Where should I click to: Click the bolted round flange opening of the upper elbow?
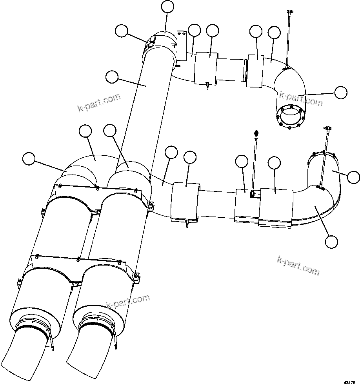(x=290, y=116)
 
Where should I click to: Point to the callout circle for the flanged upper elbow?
(x=340, y=92)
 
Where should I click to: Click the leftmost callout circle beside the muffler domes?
(x=28, y=158)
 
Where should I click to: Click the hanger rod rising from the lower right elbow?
(x=324, y=157)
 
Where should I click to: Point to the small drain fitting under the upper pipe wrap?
(x=207, y=86)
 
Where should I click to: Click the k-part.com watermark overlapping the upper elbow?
(x=301, y=98)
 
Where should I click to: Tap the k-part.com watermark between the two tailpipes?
(x=128, y=301)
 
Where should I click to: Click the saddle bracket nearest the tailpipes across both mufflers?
(x=78, y=269)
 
